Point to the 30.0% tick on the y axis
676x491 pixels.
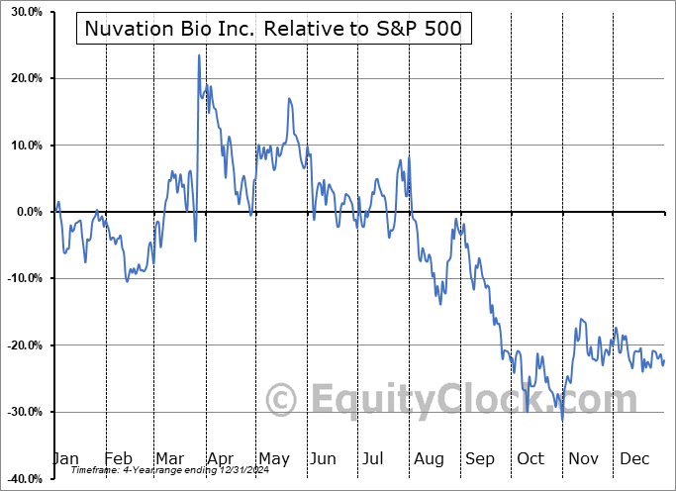tap(23, 12)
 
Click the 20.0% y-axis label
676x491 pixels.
tap(23, 78)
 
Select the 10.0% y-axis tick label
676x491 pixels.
tap(23, 146)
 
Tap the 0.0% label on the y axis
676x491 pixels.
tap(26, 212)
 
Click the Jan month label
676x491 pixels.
tap(65, 458)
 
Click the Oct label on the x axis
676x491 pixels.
tap(531, 458)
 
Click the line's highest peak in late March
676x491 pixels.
tap(199, 55)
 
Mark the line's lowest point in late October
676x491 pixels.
tap(562, 420)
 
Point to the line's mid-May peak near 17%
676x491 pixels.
tap(289, 99)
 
